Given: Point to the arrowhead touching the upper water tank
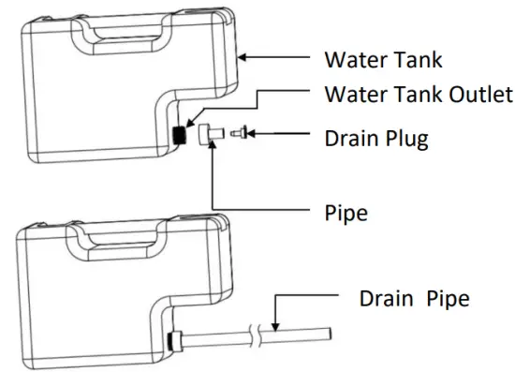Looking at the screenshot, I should pos(244,58).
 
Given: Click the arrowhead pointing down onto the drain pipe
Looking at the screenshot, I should pos(276,324).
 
